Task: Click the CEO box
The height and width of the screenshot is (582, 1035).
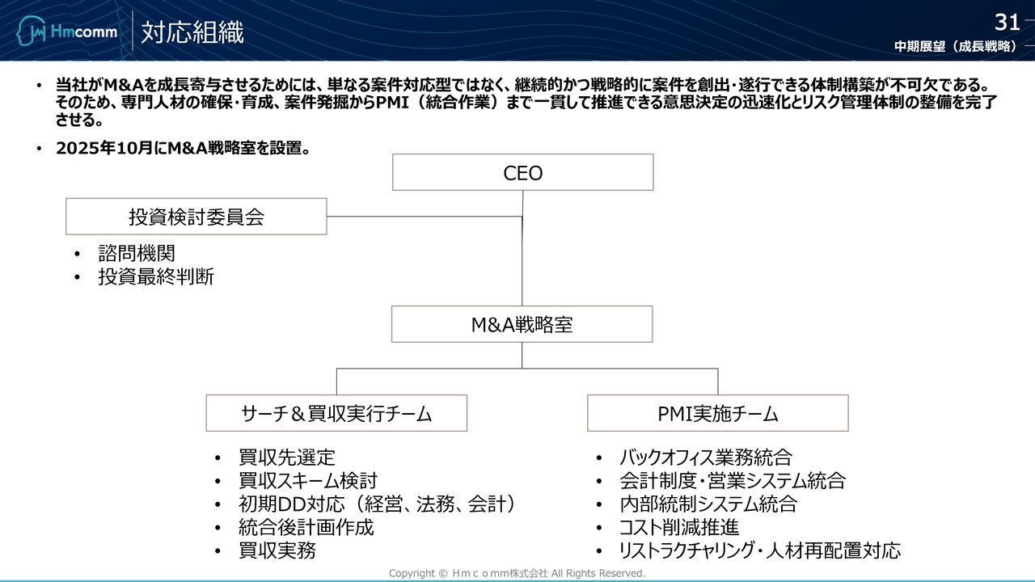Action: tap(522, 173)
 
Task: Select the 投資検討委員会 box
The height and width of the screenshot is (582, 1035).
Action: tap(196, 217)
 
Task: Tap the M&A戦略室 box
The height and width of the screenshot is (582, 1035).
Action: tap(522, 324)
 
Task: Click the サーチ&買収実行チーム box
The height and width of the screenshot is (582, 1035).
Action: tap(336, 413)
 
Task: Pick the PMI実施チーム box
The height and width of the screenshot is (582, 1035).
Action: tap(717, 413)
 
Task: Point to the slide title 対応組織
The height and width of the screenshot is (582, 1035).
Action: tap(192, 32)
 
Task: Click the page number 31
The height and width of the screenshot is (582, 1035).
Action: tap(1007, 22)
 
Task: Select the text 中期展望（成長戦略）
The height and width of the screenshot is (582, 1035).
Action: tap(955, 47)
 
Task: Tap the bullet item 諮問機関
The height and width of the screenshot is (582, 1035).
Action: tap(137, 254)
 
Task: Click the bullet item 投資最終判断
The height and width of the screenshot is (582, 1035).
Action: tap(156, 276)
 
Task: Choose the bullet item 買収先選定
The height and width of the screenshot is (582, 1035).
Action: tap(286, 458)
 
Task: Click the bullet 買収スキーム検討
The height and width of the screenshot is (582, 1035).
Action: tap(307, 481)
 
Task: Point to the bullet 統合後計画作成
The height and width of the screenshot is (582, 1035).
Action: tap(306, 528)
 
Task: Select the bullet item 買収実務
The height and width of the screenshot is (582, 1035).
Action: tap(277, 550)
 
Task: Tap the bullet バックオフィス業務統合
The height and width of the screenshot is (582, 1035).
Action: tap(705, 458)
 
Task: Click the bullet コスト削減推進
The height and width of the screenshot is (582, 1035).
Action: tap(678, 528)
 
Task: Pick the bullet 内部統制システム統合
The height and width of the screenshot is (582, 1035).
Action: tap(708, 504)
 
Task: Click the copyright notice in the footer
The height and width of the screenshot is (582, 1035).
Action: tap(517, 573)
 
